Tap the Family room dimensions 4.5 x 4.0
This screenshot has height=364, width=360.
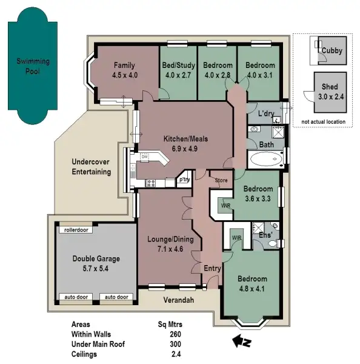click(125, 75)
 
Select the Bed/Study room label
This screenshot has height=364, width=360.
click(178, 66)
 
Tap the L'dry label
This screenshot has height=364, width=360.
click(266, 114)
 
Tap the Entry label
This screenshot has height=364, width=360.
click(212, 268)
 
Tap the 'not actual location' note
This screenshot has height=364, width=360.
click(322, 122)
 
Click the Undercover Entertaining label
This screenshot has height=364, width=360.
click(91, 167)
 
